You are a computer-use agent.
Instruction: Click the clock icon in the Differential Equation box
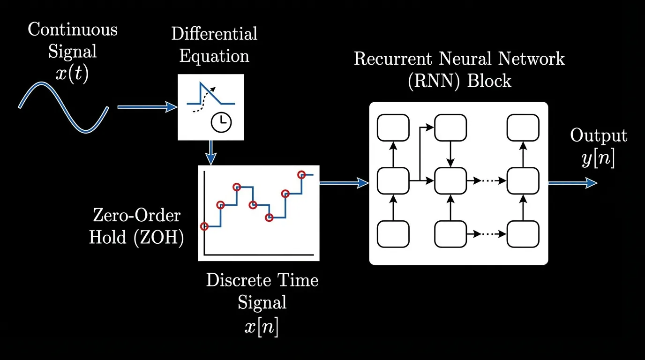[221, 123]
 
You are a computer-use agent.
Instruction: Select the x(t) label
[71, 75]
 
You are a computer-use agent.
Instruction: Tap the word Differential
[214, 34]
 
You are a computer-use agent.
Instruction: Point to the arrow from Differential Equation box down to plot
[211, 152]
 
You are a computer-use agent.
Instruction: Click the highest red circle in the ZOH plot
[302, 175]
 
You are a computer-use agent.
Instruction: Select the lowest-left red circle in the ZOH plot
[204, 226]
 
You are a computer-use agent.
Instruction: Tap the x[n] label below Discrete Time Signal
[262, 327]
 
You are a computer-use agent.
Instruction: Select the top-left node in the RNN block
[393, 127]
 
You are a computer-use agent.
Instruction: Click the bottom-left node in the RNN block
[393, 233]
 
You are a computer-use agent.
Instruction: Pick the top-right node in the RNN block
[523, 127]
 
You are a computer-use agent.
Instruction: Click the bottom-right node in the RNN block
[523, 233]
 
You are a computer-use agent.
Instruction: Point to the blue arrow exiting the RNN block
[572, 183]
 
